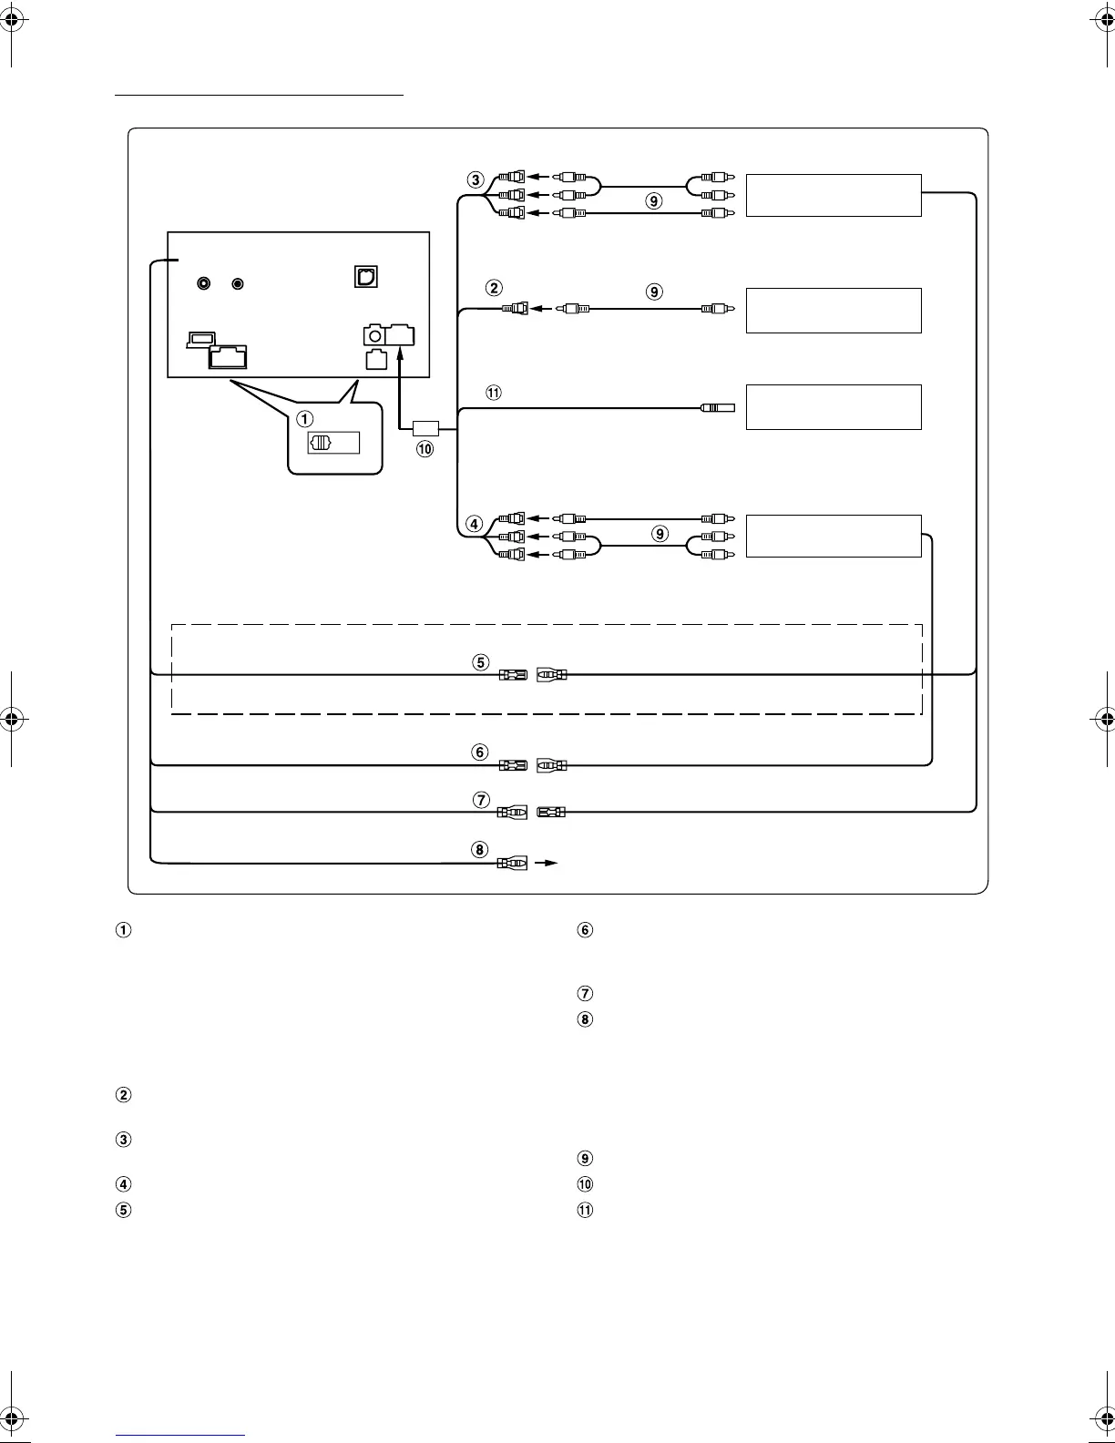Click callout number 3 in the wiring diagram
[476, 179]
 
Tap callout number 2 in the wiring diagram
[494, 288]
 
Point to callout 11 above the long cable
[494, 393]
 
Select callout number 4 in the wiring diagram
[474, 524]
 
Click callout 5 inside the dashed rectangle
[481, 662]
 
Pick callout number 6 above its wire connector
[480, 752]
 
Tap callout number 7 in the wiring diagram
[481, 800]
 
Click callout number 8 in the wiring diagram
[480, 850]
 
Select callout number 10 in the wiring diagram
[425, 448]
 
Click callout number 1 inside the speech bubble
[305, 419]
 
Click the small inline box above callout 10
[425, 427]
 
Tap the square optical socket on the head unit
[365, 276]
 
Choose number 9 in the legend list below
[585, 1159]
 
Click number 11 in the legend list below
[585, 1211]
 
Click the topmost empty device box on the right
[833, 195]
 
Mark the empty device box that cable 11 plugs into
[833, 406]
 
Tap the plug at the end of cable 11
[718, 409]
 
